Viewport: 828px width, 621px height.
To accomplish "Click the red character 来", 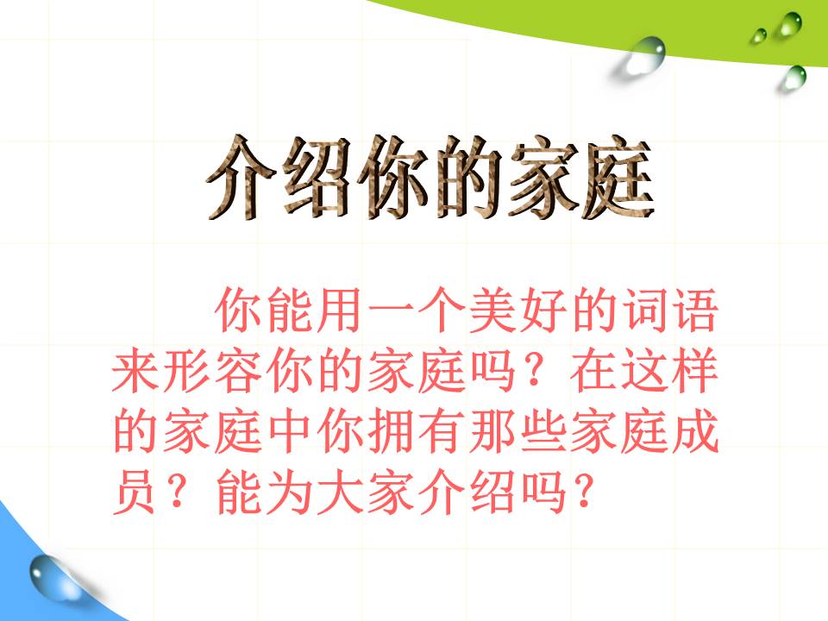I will coord(138,373).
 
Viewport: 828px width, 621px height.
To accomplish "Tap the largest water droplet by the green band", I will coord(645,53).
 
